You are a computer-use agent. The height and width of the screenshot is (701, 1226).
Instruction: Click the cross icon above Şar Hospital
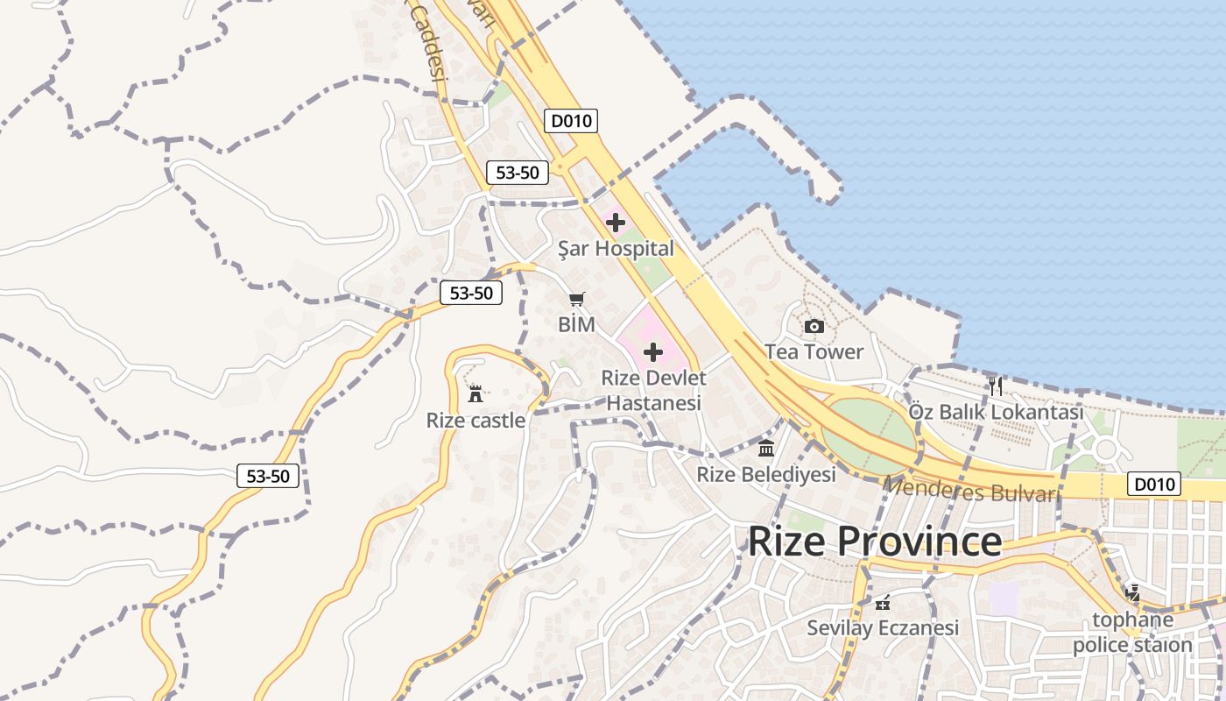616,222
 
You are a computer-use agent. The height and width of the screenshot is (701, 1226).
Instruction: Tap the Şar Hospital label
617,249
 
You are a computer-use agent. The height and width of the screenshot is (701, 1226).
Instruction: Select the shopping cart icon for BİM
576,300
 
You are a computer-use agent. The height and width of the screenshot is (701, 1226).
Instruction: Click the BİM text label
576,324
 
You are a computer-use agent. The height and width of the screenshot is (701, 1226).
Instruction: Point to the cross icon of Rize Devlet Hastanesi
653,352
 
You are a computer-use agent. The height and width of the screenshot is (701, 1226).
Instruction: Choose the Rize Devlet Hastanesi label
653,391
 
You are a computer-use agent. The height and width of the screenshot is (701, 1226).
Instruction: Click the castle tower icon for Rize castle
476,394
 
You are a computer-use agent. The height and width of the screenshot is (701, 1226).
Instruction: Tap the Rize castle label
476,421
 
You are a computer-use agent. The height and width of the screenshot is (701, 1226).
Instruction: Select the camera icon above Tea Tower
814,327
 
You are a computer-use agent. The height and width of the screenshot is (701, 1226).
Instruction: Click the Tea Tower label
814,352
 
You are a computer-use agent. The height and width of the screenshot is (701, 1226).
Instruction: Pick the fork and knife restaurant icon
995,386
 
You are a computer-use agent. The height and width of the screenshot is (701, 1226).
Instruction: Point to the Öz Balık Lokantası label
996,412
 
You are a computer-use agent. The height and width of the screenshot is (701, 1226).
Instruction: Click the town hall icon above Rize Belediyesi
766,450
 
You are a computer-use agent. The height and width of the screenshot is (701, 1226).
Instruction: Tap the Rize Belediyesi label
766,475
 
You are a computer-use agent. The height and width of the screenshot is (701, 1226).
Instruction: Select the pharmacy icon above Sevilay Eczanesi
883,603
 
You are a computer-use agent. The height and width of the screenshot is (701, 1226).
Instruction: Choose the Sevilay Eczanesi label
883,628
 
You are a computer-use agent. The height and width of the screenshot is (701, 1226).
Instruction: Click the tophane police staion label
1132,633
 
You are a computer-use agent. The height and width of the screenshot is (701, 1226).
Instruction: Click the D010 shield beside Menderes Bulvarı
1153,484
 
